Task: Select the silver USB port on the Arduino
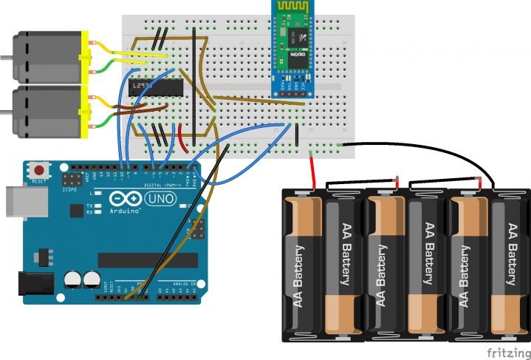click(x=18, y=201)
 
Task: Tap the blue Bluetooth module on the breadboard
click(x=293, y=48)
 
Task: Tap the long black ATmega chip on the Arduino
click(x=148, y=259)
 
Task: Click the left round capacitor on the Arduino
click(x=72, y=279)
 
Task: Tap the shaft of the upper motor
click(x=6, y=57)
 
